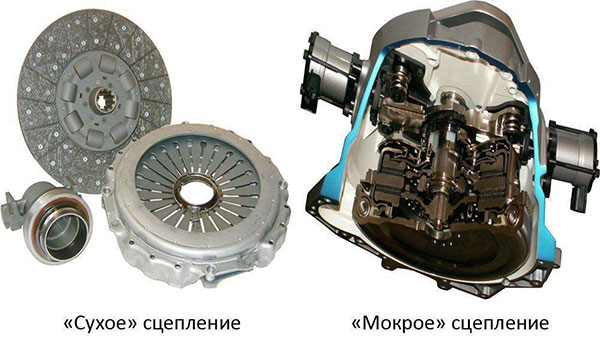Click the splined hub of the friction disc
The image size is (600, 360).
[105, 100]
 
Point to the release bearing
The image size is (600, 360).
[50, 221]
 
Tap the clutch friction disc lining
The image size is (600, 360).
[38, 115]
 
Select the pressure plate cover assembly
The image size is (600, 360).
[196, 205]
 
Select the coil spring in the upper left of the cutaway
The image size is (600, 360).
[398, 77]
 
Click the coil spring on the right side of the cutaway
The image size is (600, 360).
[512, 122]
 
